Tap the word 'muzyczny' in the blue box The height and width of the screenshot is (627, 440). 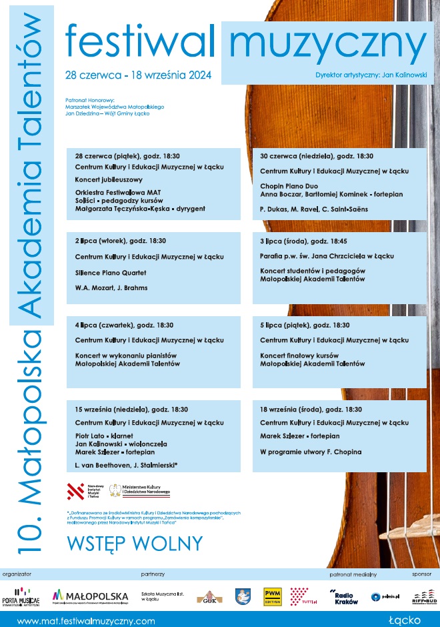pos(327,43)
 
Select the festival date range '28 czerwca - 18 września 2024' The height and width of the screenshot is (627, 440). pos(138,75)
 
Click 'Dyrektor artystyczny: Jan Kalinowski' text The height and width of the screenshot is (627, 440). pos(371,75)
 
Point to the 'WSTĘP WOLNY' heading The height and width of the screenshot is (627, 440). pos(135,543)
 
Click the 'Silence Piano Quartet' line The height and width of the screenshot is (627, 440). pos(111,273)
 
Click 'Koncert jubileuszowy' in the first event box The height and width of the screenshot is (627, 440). pos(109,179)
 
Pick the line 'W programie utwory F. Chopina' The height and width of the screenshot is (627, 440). pos(311,452)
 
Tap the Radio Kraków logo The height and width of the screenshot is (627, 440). pos(344,596)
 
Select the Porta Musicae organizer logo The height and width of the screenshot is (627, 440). pos(21,596)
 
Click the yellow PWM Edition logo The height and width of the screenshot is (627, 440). pos(272,596)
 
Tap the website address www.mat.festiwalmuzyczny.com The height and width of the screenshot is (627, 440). pos(86,620)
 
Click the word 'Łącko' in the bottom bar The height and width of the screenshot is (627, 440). pos(405,620)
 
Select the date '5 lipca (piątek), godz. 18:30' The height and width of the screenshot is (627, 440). pos(305,325)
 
